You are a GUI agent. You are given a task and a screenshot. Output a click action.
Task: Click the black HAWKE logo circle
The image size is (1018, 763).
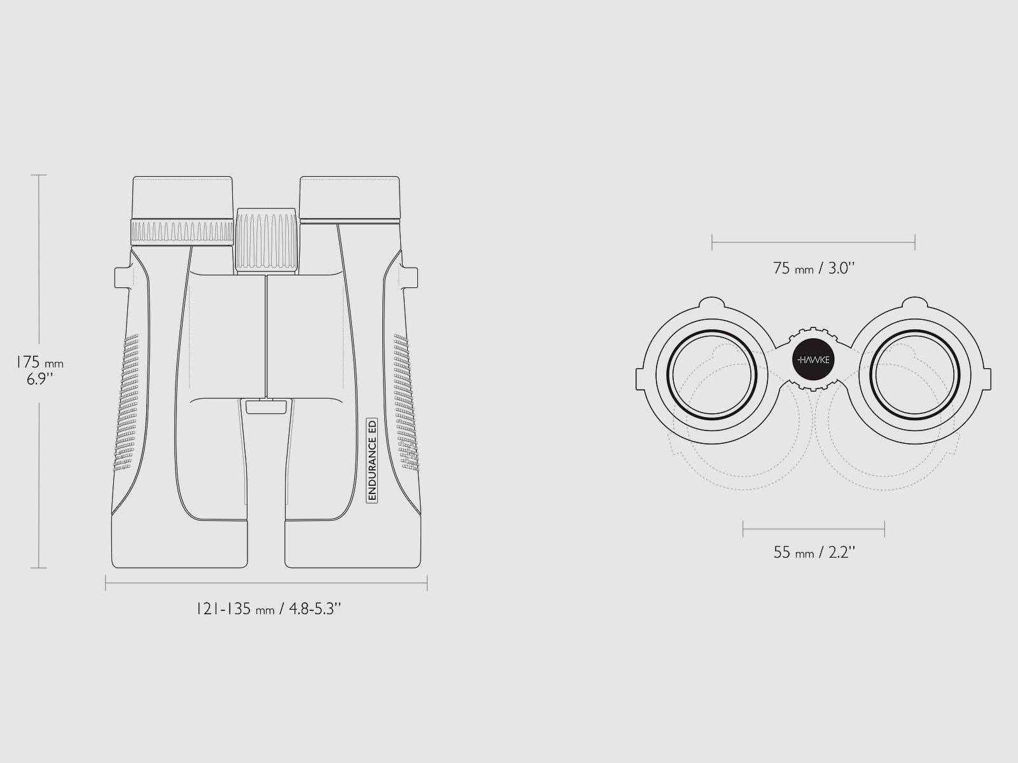pos(814,359)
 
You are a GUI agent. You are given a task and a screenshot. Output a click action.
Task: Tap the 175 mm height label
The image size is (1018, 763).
pos(40,362)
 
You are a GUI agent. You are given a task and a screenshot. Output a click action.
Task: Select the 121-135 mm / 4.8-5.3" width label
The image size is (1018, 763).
pos(268,608)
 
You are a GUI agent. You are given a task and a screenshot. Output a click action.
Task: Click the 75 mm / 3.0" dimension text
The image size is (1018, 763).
pos(814,268)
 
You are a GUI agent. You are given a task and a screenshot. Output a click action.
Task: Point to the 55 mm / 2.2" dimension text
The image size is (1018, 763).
pos(814,552)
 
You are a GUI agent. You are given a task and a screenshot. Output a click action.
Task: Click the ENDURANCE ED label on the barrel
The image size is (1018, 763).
pos(372,460)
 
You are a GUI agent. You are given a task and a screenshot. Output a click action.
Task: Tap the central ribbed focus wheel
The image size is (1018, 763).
pos(266,239)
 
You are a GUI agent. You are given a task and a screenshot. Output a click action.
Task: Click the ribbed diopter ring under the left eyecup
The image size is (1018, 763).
pos(182,231)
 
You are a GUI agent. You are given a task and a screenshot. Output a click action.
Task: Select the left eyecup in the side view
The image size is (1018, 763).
pos(183,197)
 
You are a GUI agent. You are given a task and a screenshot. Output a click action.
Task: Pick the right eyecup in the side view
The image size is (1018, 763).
pos(350,197)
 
